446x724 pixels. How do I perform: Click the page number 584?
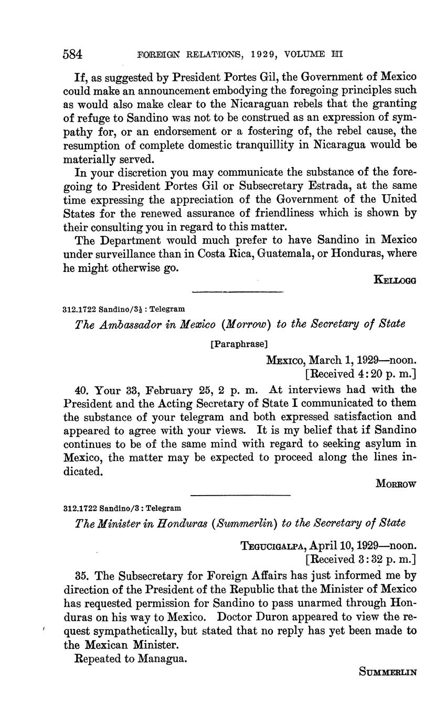73,54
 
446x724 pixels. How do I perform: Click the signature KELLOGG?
395,280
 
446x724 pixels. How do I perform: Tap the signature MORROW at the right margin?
396,485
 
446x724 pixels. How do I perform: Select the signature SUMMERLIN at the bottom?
388,671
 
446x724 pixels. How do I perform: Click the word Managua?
162,658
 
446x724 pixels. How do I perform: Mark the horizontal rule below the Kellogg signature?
238,292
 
